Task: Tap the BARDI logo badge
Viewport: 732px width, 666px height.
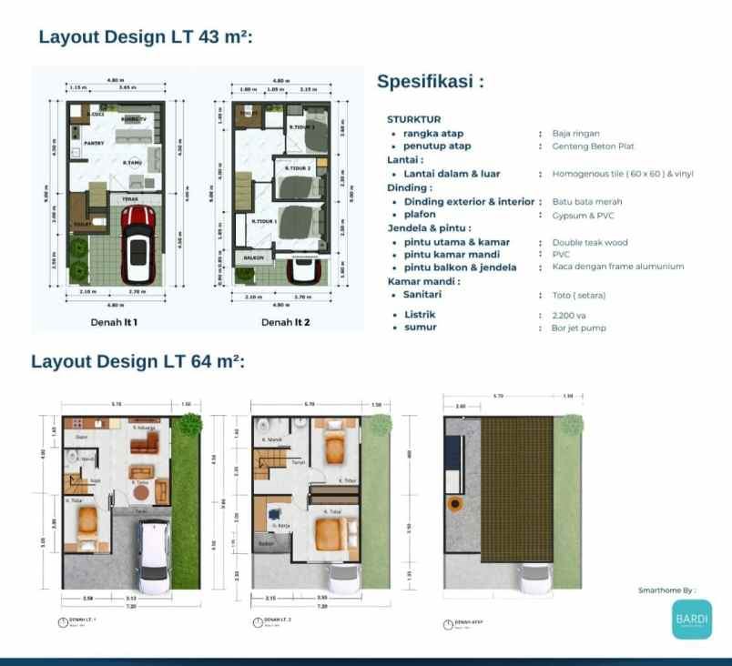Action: click(692, 620)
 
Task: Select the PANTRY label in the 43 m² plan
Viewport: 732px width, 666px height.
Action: click(95, 143)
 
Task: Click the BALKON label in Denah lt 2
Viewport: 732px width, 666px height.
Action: click(251, 258)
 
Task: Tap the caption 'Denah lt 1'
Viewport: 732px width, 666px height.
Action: click(114, 322)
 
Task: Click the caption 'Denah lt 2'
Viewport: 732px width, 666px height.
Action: click(285, 322)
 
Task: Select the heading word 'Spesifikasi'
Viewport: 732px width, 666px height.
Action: click(424, 82)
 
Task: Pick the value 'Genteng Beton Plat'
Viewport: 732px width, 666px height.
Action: click(593, 146)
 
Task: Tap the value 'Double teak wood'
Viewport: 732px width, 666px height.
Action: click(589, 243)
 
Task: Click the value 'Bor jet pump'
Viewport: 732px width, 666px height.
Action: click(578, 328)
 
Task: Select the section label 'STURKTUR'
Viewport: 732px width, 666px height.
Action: click(413, 119)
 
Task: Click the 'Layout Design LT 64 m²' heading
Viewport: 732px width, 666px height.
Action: click(137, 361)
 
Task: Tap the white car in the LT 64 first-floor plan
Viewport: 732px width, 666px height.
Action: click(152, 556)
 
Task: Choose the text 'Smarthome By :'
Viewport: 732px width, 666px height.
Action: click(666, 590)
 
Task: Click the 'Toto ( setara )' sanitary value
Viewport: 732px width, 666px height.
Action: click(578, 295)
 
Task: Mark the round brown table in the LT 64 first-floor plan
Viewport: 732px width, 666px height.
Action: click(138, 492)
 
